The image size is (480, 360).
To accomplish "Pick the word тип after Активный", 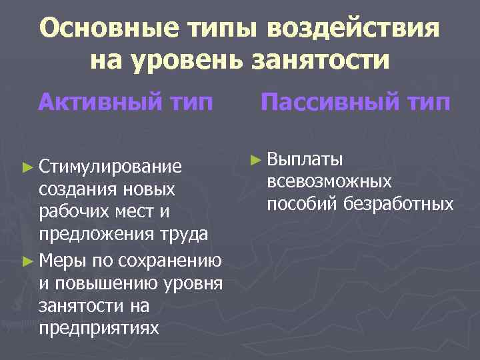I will pyautogui.click(x=190, y=103).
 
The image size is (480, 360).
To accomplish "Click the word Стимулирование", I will pyautogui.click(x=110, y=165).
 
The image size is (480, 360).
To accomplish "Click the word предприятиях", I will pyautogui.click(x=99, y=328).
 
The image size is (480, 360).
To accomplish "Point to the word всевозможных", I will pyautogui.click(x=329, y=181).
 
